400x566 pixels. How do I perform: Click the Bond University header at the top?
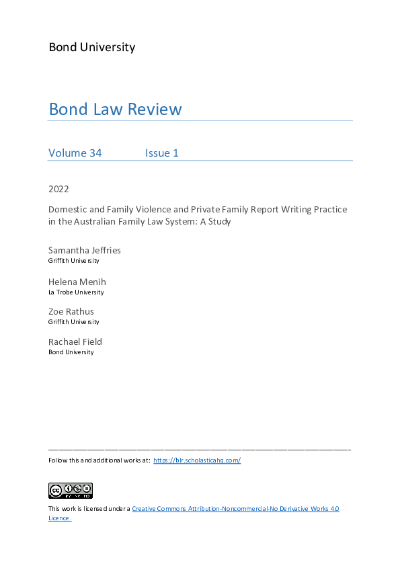[x=91, y=47]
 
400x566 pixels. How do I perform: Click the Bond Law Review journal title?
[x=115, y=109]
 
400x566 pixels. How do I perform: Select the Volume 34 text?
[x=75, y=153]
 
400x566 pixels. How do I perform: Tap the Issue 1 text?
[x=162, y=153]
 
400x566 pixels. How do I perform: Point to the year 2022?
[x=58, y=189]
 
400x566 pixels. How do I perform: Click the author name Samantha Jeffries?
[x=85, y=250]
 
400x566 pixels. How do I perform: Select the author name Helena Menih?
[x=77, y=281]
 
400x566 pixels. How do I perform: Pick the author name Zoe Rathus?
[x=71, y=311]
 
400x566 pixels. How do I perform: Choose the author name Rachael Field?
[x=75, y=341]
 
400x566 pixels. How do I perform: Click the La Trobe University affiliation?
[x=76, y=292]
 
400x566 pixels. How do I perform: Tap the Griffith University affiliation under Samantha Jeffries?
[x=74, y=261]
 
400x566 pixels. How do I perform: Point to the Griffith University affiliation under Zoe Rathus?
[x=74, y=322]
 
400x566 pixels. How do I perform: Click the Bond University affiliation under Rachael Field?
[x=71, y=352]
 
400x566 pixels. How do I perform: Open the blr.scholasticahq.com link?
[x=197, y=460]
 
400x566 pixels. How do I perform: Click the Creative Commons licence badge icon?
[x=71, y=490]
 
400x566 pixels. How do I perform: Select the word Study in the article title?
[x=218, y=221]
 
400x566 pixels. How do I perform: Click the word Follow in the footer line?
[x=57, y=460]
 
